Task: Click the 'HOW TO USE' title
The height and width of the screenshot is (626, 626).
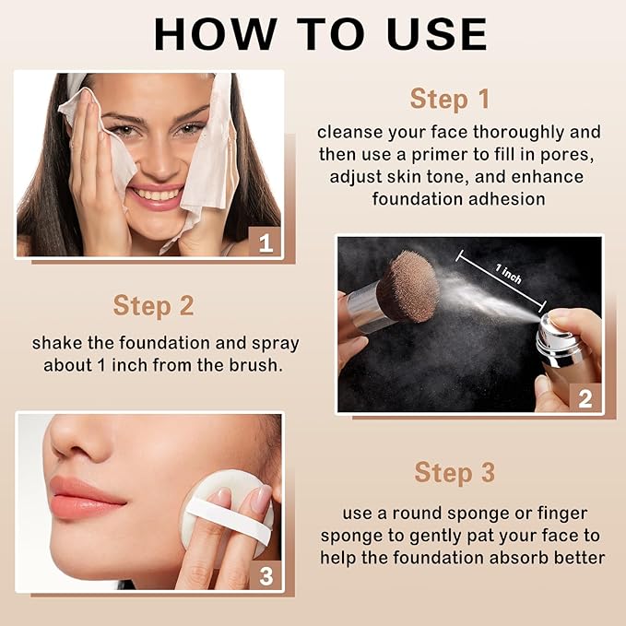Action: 320,33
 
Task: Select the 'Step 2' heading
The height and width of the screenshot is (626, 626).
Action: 153,305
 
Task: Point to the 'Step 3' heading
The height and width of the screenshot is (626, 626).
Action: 455,473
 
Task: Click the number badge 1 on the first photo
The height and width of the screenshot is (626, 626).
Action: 266,243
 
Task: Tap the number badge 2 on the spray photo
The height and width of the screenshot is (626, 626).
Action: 585,398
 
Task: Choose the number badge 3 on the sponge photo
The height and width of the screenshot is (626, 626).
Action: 266,576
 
